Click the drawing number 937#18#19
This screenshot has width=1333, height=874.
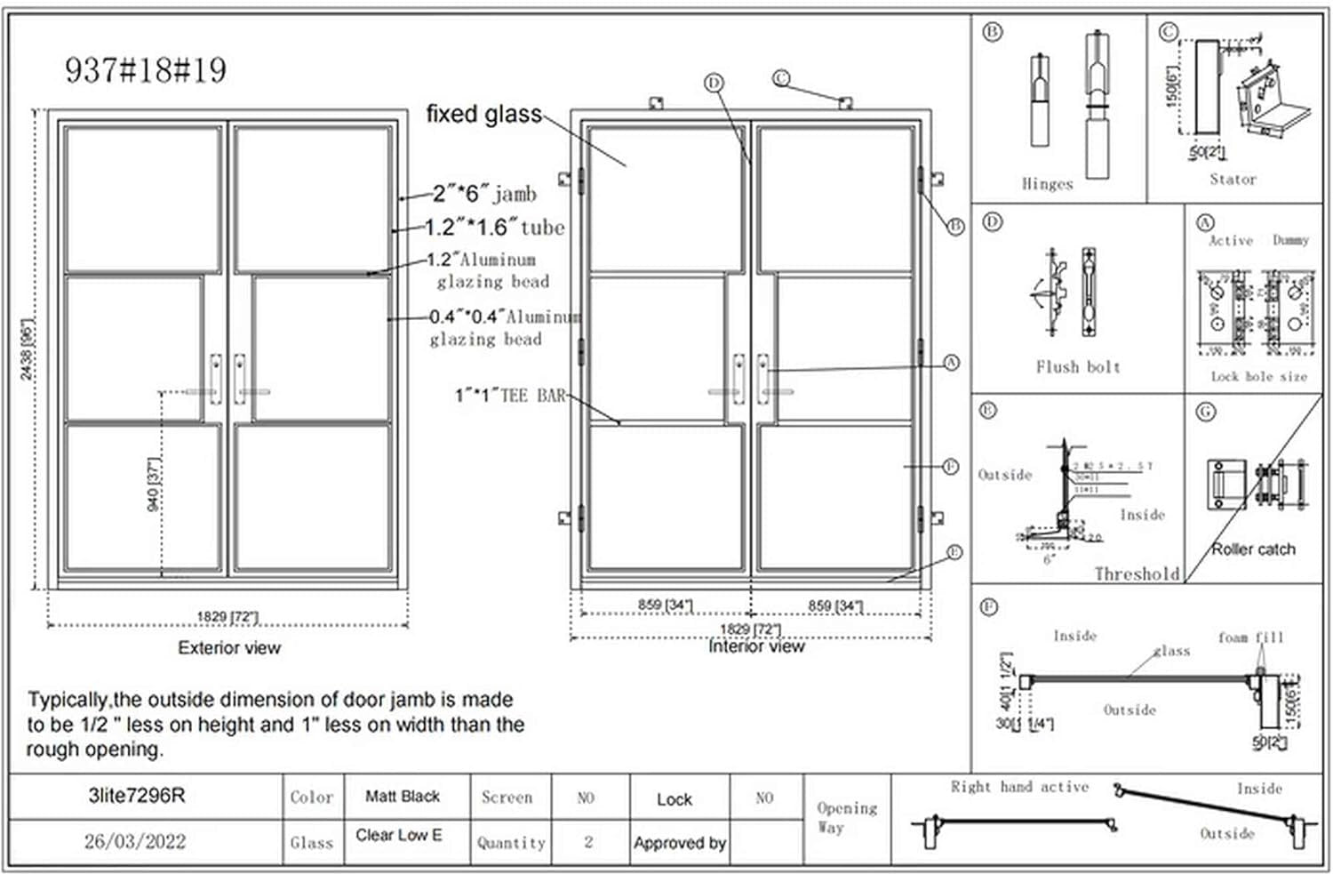pyautogui.click(x=146, y=70)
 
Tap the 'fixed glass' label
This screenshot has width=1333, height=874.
pyautogui.click(x=483, y=114)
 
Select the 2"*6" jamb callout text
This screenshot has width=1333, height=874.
pyautogui.click(x=484, y=193)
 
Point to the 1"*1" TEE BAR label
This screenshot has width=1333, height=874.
pyautogui.click(x=510, y=396)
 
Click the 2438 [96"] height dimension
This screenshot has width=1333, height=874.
pyautogui.click(x=27, y=349)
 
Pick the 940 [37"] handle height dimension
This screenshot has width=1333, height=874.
pyautogui.click(x=153, y=485)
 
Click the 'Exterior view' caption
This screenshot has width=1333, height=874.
pyautogui.click(x=229, y=648)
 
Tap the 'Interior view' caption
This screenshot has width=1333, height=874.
pyautogui.click(x=756, y=647)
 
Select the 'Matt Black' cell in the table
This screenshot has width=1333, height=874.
pyautogui.click(x=403, y=797)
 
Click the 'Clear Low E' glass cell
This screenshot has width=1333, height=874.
pyautogui.click(x=399, y=836)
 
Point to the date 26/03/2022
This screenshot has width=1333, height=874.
pyautogui.click(x=135, y=841)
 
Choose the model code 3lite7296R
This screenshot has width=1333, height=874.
pyautogui.click(x=137, y=796)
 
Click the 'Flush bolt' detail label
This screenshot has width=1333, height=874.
pyautogui.click(x=1078, y=367)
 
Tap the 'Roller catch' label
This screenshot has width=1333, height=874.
pyautogui.click(x=1253, y=549)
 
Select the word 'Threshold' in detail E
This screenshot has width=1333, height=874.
pyautogui.click(x=1137, y=574)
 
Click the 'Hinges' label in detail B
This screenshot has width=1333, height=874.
pyautogui.click(x=1047, y=184)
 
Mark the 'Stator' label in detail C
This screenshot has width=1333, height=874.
pyautogui.click(x=1233, y=180)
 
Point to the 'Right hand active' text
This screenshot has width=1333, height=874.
pyautogui.click(x=1019, y=788)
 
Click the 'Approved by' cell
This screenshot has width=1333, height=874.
pyautogui.click(x=680, y=843)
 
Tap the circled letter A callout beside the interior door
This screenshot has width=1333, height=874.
pyautogui.click(x=952, y=363)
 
